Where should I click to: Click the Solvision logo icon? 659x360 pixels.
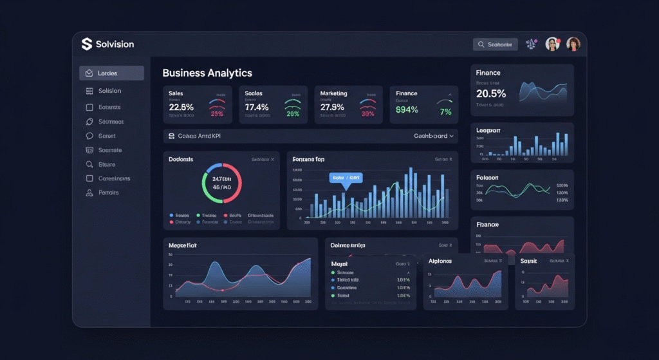pyautogui.click(x=87, y=44)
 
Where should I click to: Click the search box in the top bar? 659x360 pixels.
pyautogui.click(x=495, y=44)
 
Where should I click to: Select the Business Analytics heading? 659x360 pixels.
pyautogui.click(x=207, y=73)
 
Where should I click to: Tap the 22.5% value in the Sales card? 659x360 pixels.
pyautogui.click(x=181, y=107)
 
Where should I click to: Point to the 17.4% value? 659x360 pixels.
pyautogui.click(x=257, y=107)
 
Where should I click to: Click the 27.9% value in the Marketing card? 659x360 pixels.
pyautogui.click(x=333, y=107)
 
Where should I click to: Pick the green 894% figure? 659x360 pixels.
pyautogui.click(x=407, y=110)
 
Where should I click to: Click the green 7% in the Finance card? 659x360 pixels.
pyautogui.click(x=446, y=112)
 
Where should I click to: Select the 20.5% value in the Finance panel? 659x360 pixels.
pyautogui.click(x=491, y=93)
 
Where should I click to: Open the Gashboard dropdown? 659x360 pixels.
pyautogui.click(x=434, y=136)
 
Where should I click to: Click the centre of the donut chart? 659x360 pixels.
pyautogui.click(x=221, y=182)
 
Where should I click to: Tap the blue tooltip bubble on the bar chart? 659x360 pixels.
pyautogui.click(x=346, y=177)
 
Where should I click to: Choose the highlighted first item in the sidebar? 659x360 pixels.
pyautogui.click(x=111, y=73)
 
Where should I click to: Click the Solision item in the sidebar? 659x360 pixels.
pyautogui.click(x=110, y=91)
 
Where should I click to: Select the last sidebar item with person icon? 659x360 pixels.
pyautogui.click(x=108, y=193)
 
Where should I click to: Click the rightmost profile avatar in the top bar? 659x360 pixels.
pyautogui.click(x=573, y=44)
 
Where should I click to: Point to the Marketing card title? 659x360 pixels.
pyautogui.click(x=334, y=93)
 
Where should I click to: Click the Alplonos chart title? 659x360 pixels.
pyautogui.click(x=440, y=261)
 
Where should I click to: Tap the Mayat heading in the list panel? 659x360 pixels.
pyautogui.click(x=339, y=264)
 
